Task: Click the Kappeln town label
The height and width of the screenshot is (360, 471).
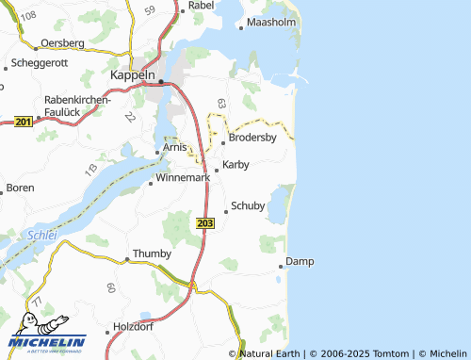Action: [x=131, y=74]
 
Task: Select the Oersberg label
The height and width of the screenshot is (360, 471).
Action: [x=63, y=43]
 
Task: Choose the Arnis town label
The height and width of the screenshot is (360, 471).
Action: [x=175, y=147]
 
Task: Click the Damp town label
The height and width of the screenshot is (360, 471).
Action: [x=299, y=261]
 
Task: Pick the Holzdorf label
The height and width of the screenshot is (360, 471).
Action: [x=131, y=326]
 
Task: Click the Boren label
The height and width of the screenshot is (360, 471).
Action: [x=20, y=188]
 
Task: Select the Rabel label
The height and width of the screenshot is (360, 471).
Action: [x=202, y=6]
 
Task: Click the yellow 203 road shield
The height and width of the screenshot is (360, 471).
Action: [x=206, y=222]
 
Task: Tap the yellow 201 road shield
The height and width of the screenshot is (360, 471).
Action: [x=24, y=121]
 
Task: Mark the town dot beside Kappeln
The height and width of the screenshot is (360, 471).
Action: [x=160, y=82]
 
